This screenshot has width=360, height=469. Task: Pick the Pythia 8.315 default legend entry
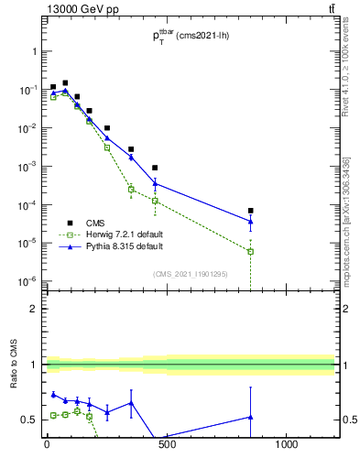coord(107,246)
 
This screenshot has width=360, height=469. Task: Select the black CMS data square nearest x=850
coord(250,211)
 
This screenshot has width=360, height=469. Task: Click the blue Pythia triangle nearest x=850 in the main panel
coord(250,221)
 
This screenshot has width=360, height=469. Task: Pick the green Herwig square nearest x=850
coord(250,251)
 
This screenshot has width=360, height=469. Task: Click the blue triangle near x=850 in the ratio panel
coord(250,417)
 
